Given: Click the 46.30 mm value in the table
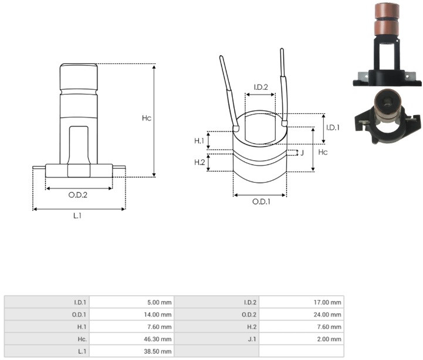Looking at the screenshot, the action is click(x=158, y=339).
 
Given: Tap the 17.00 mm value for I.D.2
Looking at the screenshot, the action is click(x=327, y=302).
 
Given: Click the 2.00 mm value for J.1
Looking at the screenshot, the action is click(x=329, y=339).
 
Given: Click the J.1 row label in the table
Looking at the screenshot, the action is click(x=252, y=339).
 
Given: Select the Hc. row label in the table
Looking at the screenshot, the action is click(x=82, y=339).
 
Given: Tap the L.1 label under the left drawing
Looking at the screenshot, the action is click(x=77, y=216).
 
